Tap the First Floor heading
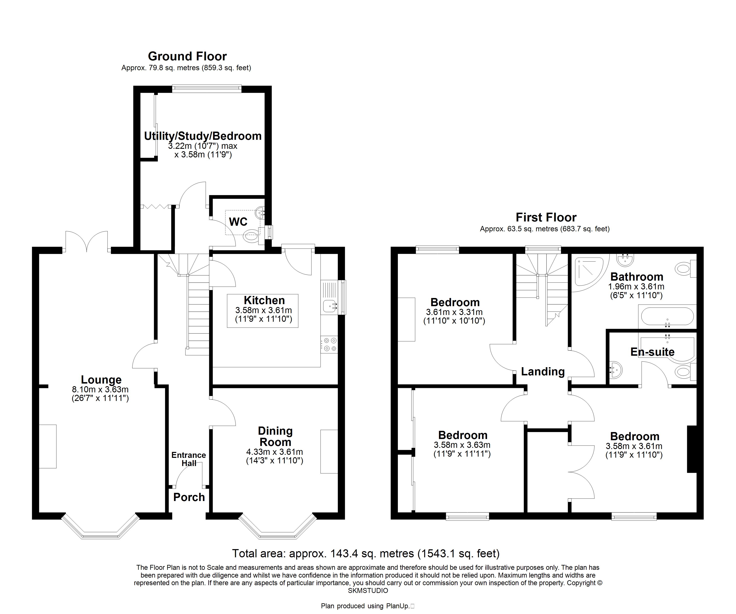pos(546,218)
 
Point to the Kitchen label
pos(264,300)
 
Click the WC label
pos(238,222)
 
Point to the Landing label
pos(543,371)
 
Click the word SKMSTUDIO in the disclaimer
pos(368,590)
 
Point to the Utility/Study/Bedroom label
pos(203,136)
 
